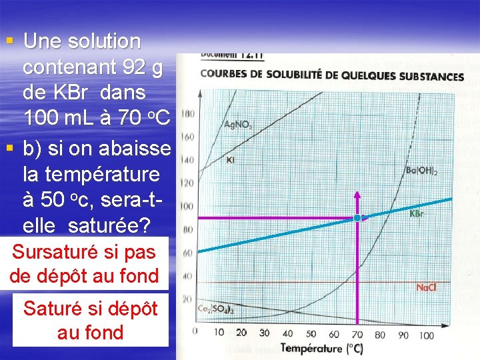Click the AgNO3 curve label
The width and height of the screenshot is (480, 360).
[239, 124]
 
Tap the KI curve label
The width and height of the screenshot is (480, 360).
[230, 159]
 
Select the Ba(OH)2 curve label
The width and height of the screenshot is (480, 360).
[421, 171]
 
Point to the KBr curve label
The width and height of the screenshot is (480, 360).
[417, 214]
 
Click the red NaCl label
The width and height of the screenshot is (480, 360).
[425, 287]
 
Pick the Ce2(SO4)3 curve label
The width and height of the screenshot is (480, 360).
[215, 309]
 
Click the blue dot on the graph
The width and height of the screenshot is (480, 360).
[357, 218]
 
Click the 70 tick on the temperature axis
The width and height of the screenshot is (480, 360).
[357, 333]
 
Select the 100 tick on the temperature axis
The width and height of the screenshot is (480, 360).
[426, 335]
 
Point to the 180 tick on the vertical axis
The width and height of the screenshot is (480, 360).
[188, 114]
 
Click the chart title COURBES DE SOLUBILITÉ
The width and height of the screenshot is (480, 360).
[332, 75]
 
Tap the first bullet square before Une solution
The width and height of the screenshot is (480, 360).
[9, 41]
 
